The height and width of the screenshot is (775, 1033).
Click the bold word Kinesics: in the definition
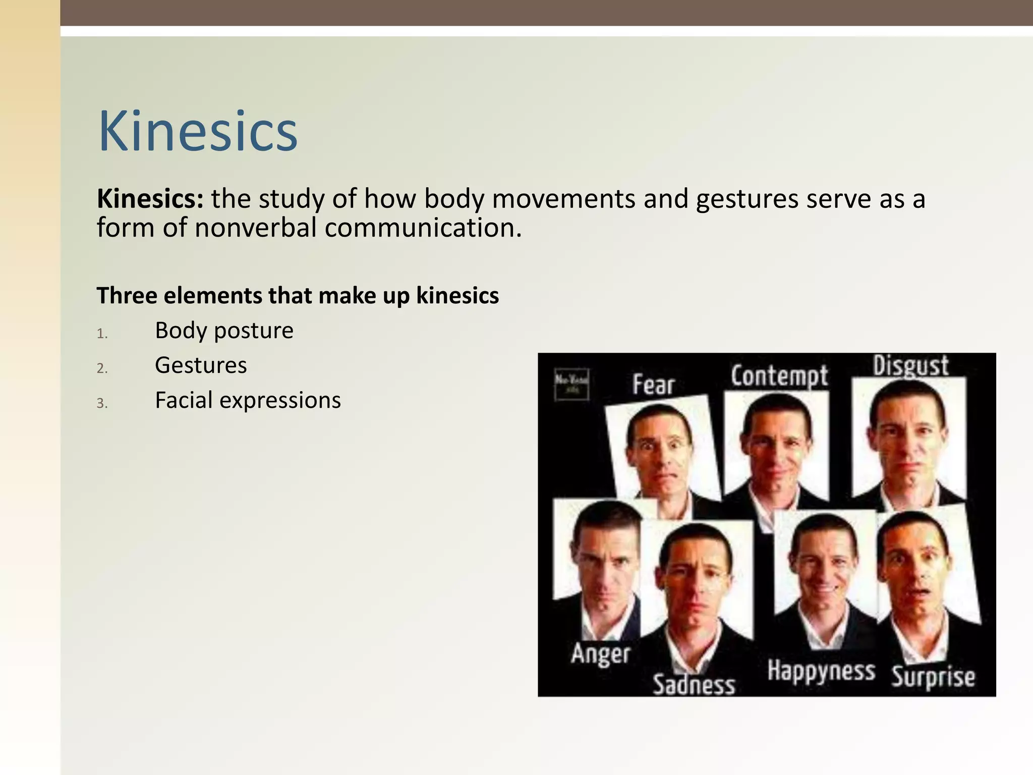pos(150,199)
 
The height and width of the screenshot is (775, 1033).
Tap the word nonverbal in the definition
pos(255,228)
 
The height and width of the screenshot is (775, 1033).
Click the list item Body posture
pos(224,331)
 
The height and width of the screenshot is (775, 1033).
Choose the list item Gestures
pos(201,365)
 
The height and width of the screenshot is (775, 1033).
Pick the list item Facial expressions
pos(248,401)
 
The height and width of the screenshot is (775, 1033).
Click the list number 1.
pos(102,334)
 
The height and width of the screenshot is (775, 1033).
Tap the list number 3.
pos(102,404)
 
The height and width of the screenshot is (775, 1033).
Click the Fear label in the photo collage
pos(653,385)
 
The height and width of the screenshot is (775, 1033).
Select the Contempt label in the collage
pos(779,376)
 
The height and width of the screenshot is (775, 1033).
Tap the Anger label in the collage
pos(601,654)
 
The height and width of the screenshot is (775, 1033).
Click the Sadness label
pos(694,685)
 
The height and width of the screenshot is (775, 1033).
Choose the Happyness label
pos(821,672)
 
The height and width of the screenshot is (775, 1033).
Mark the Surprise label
pos(933,677)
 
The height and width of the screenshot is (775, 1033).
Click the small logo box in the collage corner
pos(571,384)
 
